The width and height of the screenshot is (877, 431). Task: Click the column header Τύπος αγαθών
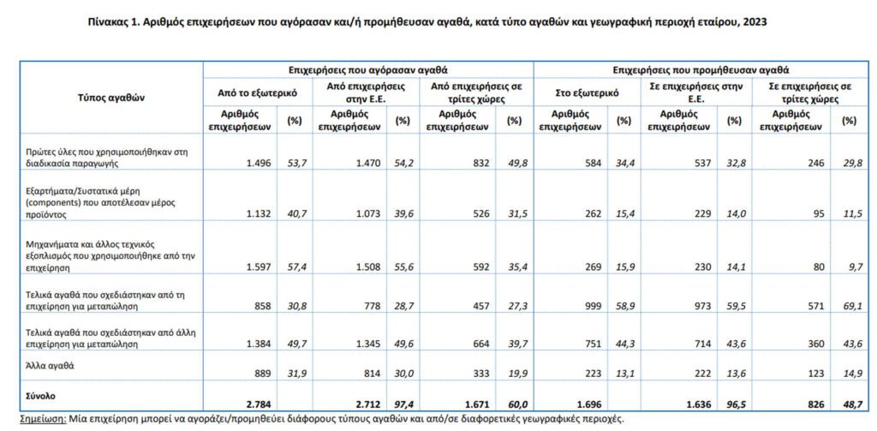pyautogui.click(x=111, y=98)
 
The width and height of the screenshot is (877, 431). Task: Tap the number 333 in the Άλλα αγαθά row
pyautogui.click(x=483, y=373)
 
